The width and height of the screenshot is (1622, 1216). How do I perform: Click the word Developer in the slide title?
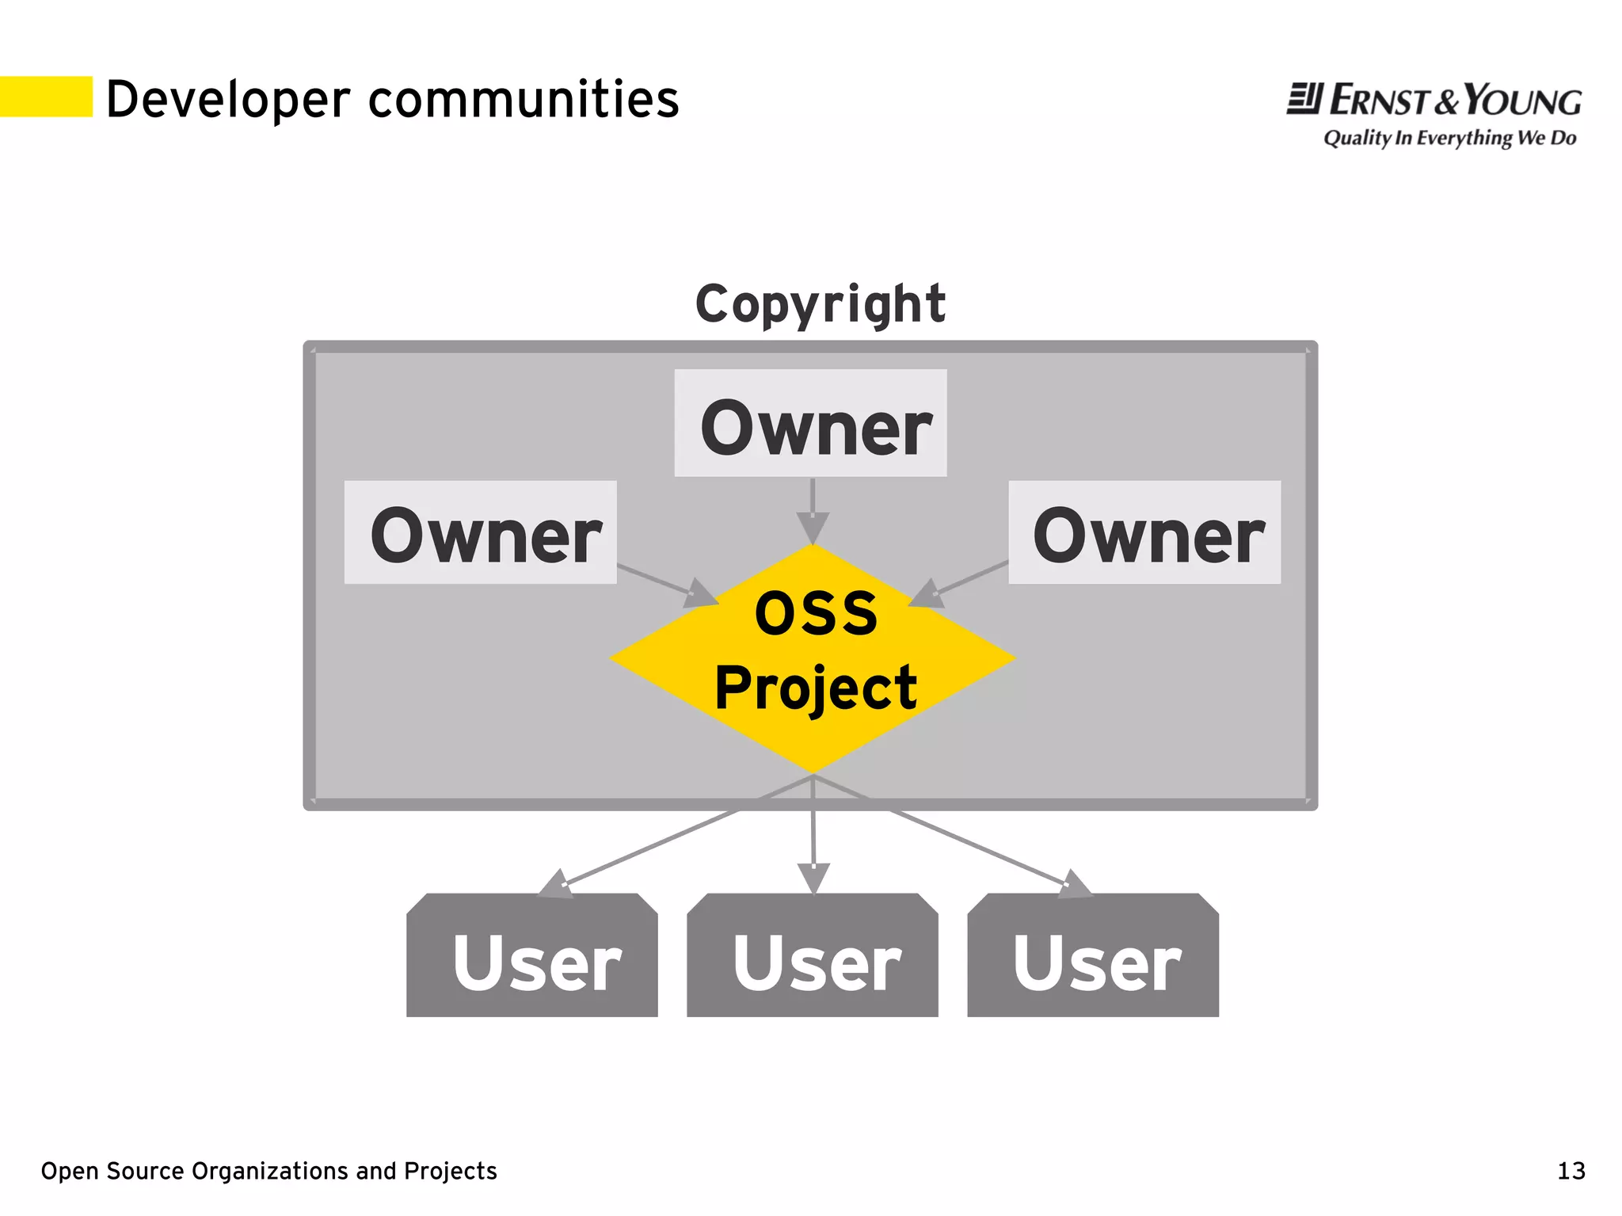227,100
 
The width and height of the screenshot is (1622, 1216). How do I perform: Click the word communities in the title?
524,100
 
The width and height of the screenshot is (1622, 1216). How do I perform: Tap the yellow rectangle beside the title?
46,97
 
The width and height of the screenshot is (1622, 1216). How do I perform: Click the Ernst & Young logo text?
1434,101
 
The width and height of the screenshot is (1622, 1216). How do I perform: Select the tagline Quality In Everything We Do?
1449,138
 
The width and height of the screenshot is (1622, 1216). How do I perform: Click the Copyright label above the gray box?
821,303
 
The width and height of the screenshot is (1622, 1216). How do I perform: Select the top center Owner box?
810,424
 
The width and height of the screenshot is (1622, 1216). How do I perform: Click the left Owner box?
481,532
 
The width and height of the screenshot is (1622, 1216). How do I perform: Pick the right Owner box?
1144,532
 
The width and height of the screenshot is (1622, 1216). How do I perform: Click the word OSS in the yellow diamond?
816,614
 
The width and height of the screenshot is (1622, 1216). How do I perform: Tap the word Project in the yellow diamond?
816,688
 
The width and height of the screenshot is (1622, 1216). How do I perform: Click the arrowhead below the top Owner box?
813,527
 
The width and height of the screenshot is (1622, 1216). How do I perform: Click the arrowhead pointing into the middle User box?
813,878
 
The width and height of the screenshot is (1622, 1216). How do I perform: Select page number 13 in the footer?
1571,1171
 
